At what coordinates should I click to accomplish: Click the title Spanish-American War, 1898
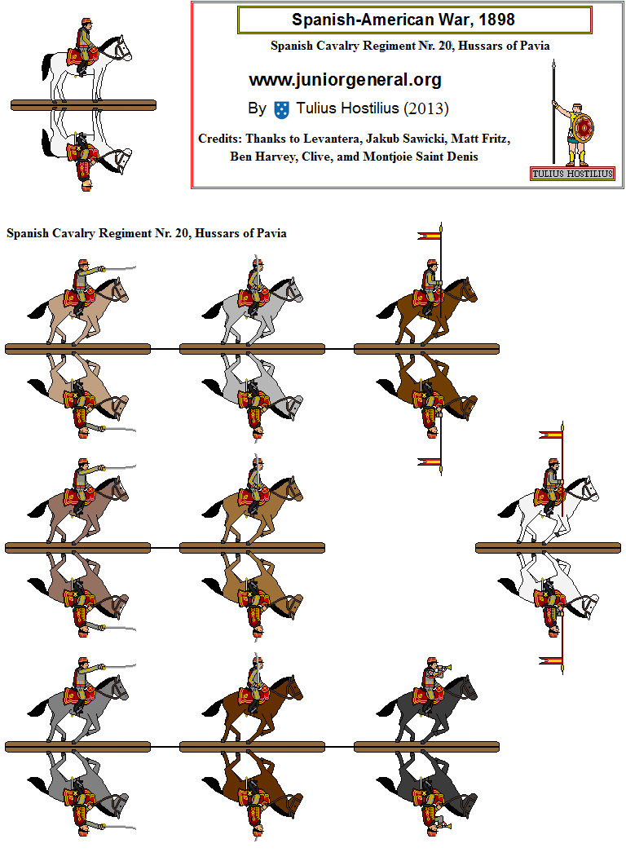(x=414, y=20)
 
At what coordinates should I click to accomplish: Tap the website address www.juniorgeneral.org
(x=345, y=80)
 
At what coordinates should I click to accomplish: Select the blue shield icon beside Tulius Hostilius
(x=282, y=109)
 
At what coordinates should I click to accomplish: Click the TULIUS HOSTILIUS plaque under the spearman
(x=572, y=174)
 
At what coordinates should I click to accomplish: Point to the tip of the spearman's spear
(x=554, y=66)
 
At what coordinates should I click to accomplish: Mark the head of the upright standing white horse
(x=121, y=51)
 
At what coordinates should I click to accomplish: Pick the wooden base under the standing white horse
(x=83, y=104)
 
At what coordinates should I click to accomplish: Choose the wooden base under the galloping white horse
(x=547, y=548)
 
